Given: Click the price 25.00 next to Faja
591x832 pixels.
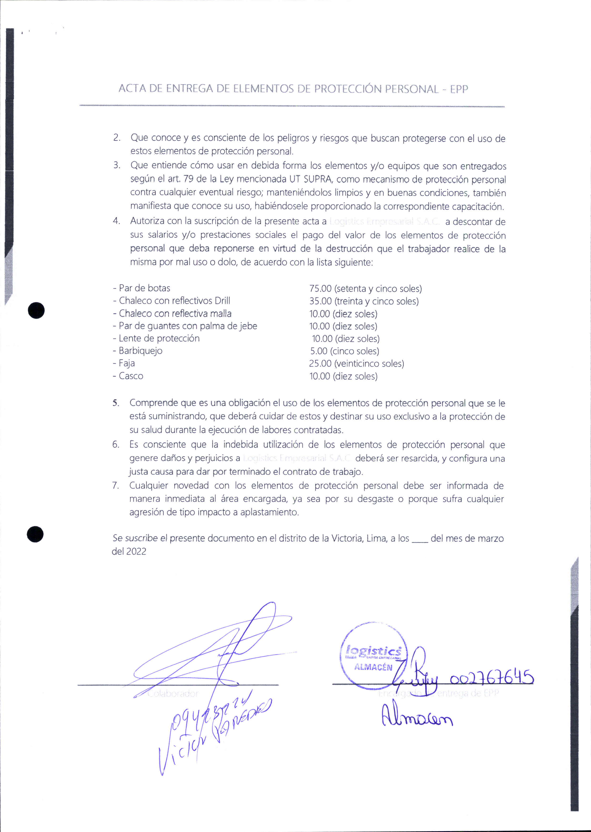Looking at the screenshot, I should (x=320, y=363).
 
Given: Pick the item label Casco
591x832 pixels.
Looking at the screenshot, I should (x=131, y=376).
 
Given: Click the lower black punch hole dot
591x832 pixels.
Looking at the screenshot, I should (x=35, y=534).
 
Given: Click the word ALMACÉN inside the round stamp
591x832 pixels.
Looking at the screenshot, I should (x=373, y=667).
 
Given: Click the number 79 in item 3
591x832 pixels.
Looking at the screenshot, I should (x=189, y=179).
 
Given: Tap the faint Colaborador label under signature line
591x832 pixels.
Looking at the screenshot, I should (x=173, y=694).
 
